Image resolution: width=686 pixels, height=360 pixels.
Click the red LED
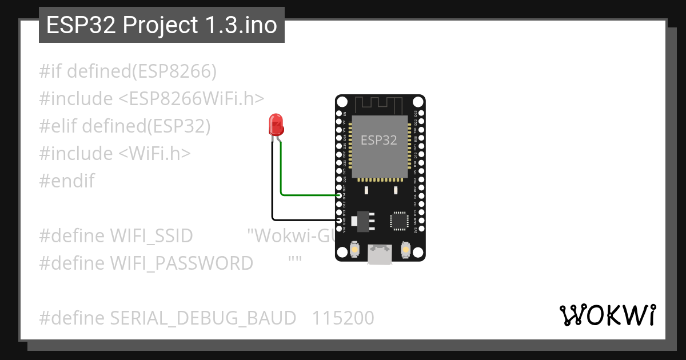(x=276, y=123)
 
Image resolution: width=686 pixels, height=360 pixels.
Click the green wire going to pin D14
(x=309, y=195)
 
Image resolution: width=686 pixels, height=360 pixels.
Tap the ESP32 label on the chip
(x=379, y=140)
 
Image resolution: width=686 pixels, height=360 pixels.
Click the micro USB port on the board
(x=379, y=255)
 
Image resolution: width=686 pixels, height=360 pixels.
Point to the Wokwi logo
(x=607, y=315)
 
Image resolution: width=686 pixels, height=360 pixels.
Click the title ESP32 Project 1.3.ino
(x=162, y=25)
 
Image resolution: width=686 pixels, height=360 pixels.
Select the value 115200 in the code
(x=343, y=318)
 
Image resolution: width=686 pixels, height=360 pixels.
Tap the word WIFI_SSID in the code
(x=151, y=235)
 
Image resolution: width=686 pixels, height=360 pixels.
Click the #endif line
(x=67, y=181)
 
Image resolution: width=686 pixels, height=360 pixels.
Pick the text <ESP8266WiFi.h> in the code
(x=192, y=99)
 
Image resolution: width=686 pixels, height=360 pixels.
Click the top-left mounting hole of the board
(x=342, y=102)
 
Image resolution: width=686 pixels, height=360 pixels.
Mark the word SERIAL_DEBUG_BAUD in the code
(x=203, y=318)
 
